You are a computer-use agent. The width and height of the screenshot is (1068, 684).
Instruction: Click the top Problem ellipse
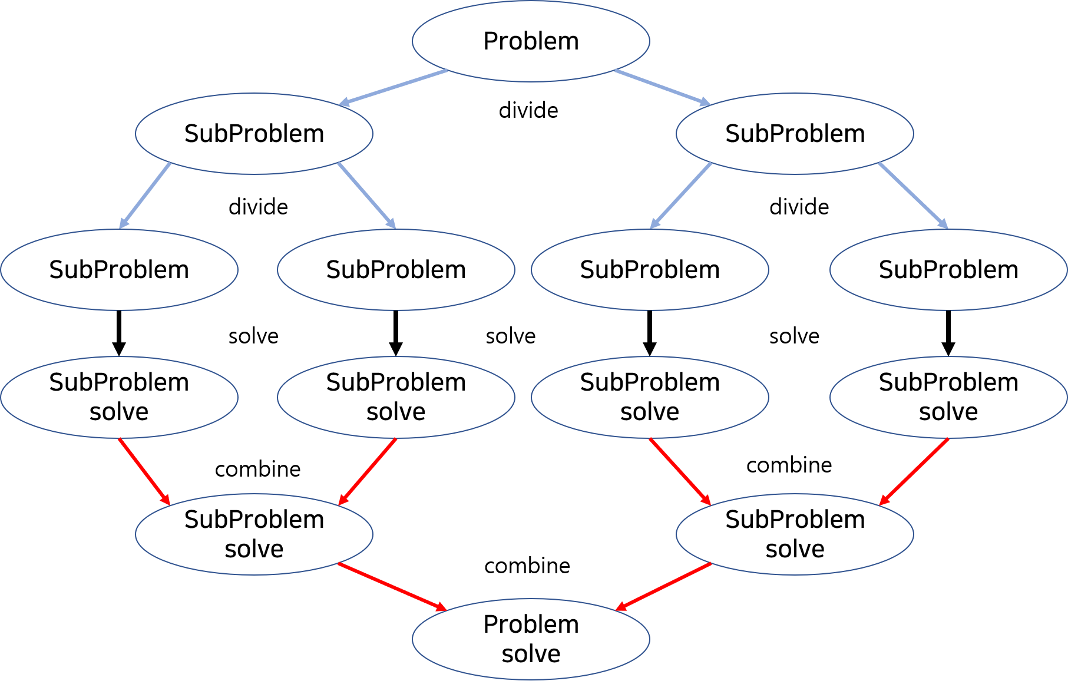(531, 41)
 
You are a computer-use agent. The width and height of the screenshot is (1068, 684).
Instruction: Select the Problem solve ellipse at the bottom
(531, 639)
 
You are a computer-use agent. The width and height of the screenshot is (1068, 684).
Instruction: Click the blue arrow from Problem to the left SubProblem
(393, 88)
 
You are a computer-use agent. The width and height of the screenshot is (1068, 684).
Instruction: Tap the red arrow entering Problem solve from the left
(392, 587)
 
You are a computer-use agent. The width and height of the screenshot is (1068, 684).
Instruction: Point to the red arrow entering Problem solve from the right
(664, 587)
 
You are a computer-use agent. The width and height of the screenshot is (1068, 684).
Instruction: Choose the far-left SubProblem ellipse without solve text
(119, 269)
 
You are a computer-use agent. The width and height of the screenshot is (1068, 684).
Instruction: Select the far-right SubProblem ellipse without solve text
(948, 269)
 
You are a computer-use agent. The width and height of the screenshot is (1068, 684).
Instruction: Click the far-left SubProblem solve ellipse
(119, 397)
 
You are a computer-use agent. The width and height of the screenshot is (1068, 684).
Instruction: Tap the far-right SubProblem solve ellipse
(948, 397)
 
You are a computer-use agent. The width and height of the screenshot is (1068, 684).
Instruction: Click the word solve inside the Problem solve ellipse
(531, 654)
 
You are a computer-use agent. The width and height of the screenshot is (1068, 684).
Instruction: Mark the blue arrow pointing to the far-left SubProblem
(145, 195)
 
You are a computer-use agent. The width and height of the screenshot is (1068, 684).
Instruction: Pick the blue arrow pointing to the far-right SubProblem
(913, 196)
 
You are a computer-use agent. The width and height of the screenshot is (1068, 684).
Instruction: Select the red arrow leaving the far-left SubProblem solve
(144, 471)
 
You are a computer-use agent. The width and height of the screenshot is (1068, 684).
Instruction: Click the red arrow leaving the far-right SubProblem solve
(914, 471)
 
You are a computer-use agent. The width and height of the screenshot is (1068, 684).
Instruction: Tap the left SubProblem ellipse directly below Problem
(254, 134)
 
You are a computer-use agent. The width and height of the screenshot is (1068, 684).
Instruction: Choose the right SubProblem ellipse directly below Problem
(795, 134)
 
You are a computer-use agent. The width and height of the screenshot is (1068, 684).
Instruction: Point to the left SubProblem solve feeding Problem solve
(254, 534)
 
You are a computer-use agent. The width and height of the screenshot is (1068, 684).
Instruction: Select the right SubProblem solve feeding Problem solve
(795, 534)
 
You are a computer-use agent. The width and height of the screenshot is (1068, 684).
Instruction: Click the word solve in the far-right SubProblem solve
(948, 412)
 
